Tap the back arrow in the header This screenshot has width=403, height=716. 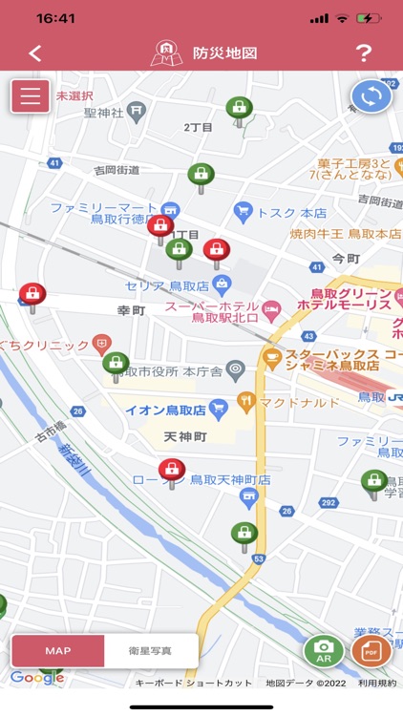point(35,53)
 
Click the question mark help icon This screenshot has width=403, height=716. point(363,53)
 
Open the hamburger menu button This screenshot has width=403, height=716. point(31,96)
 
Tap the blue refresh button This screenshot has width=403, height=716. point(371,96)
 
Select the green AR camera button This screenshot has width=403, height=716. point(324,651)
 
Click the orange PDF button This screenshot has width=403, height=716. point(371,651)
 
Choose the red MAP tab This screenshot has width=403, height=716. point(57,651)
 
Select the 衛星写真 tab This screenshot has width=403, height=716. point(151,651)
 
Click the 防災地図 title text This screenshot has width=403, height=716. point(224,53)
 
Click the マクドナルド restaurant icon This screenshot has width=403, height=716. point(246,402)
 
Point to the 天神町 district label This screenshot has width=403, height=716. point(185,436)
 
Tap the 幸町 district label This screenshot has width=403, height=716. point(131,311)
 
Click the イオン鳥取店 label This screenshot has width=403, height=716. point(165,411)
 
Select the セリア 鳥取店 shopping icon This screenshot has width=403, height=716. point(222,284)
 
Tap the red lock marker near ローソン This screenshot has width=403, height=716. point(172,470)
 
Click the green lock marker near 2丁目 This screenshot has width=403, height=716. point(239,108)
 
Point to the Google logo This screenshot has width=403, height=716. point(37,678)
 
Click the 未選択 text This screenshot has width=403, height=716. point(74,95)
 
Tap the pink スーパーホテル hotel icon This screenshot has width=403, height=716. point(271,307)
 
